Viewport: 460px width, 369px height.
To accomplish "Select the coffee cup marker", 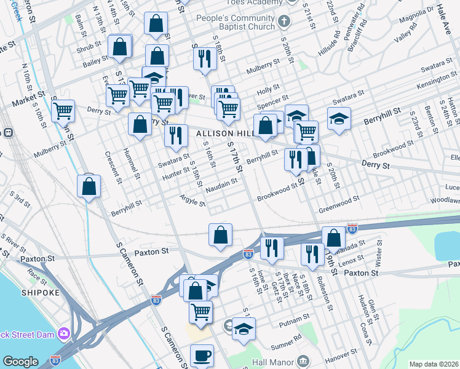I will pos(202,355).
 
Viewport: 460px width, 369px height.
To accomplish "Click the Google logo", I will pos(20,362).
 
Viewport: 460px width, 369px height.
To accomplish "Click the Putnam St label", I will pos(295,320).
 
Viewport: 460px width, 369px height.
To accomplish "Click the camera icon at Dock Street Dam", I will pos(63,333).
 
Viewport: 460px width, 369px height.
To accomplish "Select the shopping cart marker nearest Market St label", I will pos(63,111).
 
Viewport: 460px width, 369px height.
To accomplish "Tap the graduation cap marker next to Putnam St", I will pos(244,328).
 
